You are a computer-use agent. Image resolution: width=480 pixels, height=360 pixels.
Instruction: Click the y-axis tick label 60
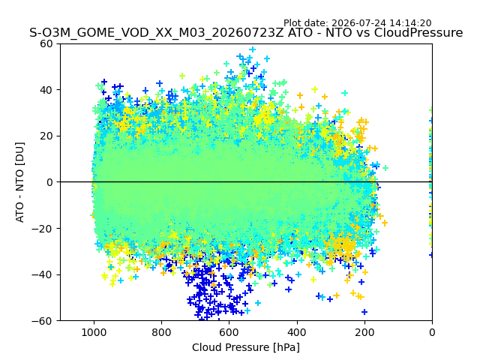(46, 43)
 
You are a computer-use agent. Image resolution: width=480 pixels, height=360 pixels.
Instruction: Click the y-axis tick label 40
(46, 90)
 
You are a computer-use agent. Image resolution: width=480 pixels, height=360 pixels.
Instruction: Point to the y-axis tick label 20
(46, 136)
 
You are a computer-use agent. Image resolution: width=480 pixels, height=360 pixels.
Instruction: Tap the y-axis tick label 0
(49, 182)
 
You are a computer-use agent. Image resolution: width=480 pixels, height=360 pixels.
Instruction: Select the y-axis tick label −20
(42, 229)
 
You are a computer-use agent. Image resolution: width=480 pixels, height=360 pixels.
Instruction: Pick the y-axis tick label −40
(42, 275)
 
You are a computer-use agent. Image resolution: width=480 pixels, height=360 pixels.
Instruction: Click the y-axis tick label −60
(42, 321)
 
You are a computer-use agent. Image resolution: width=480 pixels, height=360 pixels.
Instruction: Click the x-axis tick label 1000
(94, 332)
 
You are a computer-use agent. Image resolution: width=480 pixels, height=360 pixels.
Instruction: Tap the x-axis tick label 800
(162, 332)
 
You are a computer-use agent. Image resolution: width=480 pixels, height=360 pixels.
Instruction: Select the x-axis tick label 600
(229, 332)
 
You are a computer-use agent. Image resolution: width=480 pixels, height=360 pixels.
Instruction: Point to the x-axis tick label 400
(297, 332)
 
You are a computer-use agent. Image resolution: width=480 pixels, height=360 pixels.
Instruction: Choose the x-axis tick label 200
(364, 332)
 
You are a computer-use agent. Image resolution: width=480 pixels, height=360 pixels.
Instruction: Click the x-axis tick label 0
(432, 332)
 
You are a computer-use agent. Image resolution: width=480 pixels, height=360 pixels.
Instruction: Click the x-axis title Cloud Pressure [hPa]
(246, 348)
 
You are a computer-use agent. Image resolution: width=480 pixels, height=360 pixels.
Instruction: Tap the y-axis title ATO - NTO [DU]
(20, 182)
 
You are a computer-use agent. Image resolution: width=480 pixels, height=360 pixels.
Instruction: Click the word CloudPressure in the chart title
(418, 32)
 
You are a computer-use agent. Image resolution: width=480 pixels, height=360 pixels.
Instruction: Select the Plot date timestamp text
(357, 23)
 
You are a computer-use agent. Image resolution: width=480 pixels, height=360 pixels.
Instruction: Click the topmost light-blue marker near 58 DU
(253, 49)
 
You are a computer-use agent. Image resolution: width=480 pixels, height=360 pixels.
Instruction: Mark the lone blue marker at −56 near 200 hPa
(364, 312)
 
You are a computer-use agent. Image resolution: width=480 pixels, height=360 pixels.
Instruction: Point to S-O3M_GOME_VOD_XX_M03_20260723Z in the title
(157, 32)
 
